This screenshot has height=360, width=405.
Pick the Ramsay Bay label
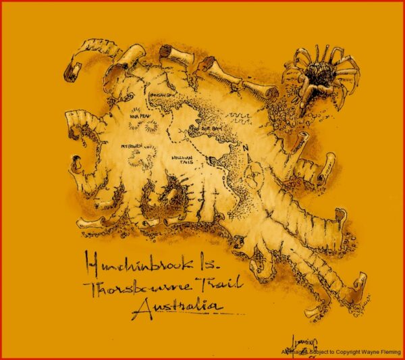click(160, 95)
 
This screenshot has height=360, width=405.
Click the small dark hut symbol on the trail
click(213, 160)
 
